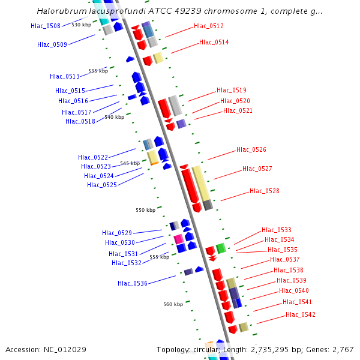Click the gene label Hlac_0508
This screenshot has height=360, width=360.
coord(46,26)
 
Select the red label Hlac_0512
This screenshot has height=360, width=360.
coord(209,26)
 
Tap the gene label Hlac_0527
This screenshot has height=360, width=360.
coord(257,169)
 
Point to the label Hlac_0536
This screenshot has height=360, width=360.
coord(133,283)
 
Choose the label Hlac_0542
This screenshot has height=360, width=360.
coord(301,314)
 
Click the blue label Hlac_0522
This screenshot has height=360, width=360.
coord(93,157)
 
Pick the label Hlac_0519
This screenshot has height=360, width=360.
coord(232,90)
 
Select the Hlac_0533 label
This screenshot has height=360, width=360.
coord(277,230)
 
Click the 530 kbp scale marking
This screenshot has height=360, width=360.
coord(81,25)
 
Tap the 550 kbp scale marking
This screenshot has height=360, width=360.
coord(145,210)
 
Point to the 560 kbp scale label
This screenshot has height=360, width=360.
coord(173,304)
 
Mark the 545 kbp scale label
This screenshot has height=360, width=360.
coord(130,163)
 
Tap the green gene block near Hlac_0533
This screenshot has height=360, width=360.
coord(221,248)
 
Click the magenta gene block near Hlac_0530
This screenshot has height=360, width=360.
coord(179,239)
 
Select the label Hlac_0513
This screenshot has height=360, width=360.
coord(65,76)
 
